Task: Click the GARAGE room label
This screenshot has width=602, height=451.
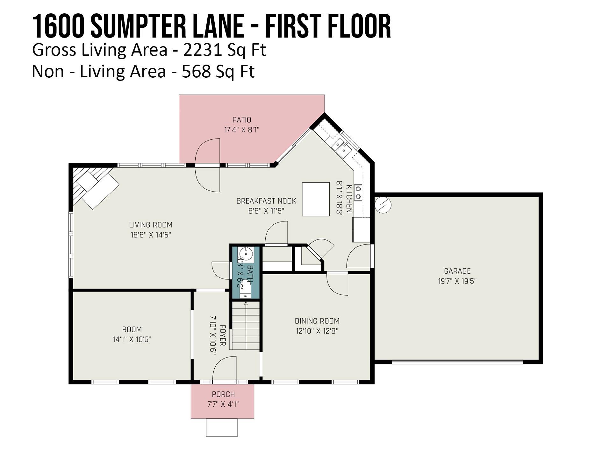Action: click(x=457, y=271)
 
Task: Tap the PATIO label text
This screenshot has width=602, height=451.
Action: click(x=242, y=120)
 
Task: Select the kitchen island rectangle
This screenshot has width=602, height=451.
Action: click(x=316, y=199)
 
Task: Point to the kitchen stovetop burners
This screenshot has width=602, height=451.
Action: click(x=358, y=193)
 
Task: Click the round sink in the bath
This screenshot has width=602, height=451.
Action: click(x=246, y=254)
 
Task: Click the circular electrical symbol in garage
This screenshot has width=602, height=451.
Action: click(x=383, y=205)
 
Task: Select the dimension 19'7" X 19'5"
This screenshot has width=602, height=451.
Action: click(x=457, y=281)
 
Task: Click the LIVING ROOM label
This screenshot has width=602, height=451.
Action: click(x=151, y=225)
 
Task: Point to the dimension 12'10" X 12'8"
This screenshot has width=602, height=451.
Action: click(x=317, y=331)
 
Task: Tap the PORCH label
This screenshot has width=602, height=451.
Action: click(x=223, y=394)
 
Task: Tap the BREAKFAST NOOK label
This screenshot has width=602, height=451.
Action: click(x=266, y=201)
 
